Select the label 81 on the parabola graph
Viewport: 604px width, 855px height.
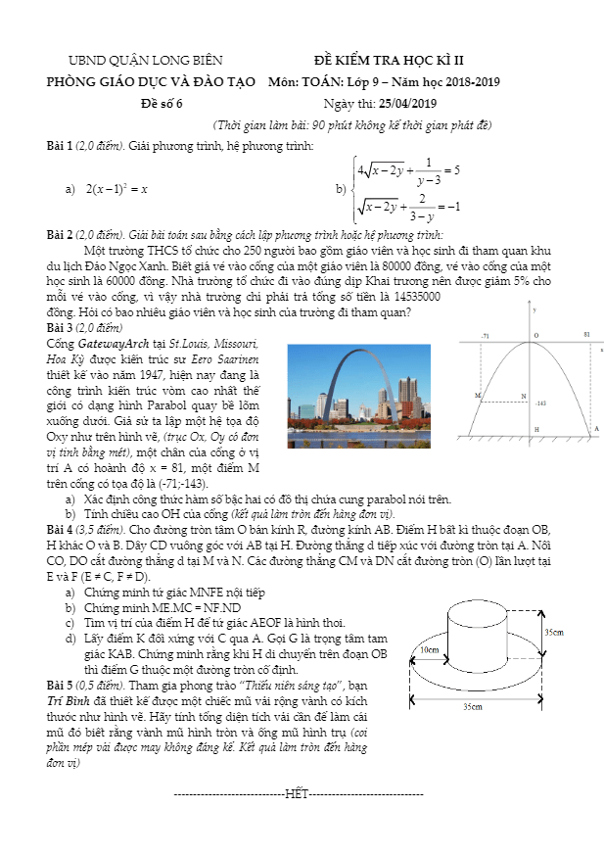point(586,335)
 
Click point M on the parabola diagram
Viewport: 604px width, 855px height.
point(478,395)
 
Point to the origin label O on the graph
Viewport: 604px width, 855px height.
point(536,335)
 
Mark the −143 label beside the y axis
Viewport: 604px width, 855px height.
point(540,404)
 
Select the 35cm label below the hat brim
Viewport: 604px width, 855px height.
point(473,706)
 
